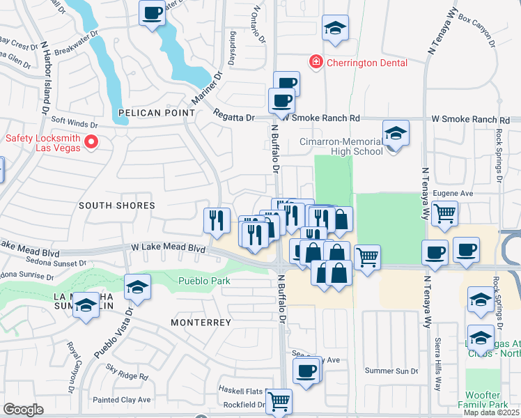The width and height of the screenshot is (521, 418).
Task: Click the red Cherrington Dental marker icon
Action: point(316,62)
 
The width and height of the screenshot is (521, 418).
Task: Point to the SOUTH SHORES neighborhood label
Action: point(116,206)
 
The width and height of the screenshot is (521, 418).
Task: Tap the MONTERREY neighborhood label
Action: point(201,323)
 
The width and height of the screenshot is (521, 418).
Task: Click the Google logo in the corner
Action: point(23,410)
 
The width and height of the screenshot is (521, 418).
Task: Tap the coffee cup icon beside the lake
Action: point(152,12)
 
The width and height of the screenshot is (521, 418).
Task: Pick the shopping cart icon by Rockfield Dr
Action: point(278,401)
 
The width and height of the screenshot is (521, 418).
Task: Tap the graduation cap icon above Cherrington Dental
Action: point(335,29)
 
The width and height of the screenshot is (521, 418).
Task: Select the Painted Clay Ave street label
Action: point(123,400)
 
